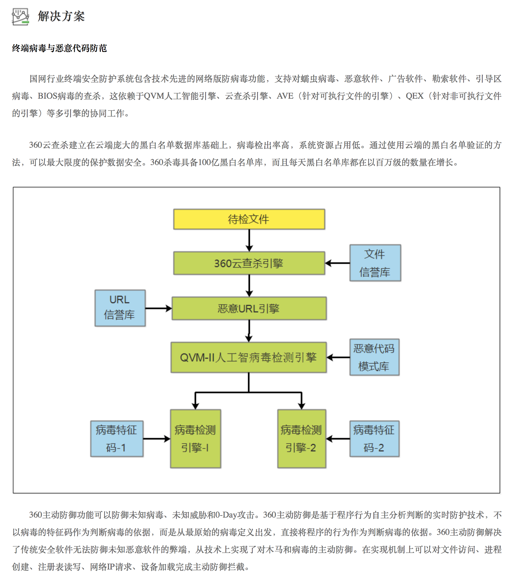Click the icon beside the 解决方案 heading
20,17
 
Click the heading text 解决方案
61,16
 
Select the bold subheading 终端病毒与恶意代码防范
59,48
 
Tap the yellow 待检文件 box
249,219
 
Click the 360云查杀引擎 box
249,263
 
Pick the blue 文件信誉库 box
375,263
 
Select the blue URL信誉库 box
120,308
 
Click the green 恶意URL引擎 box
249,308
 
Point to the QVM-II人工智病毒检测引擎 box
249,357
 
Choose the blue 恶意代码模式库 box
375,357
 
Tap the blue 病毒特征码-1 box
117,439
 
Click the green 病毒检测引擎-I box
196,439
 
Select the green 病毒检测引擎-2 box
302,439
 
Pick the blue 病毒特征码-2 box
375,439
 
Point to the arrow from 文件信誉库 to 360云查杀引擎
337,263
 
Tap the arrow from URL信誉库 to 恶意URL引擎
159,308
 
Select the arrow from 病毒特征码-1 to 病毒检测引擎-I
157,439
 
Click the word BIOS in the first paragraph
47,96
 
